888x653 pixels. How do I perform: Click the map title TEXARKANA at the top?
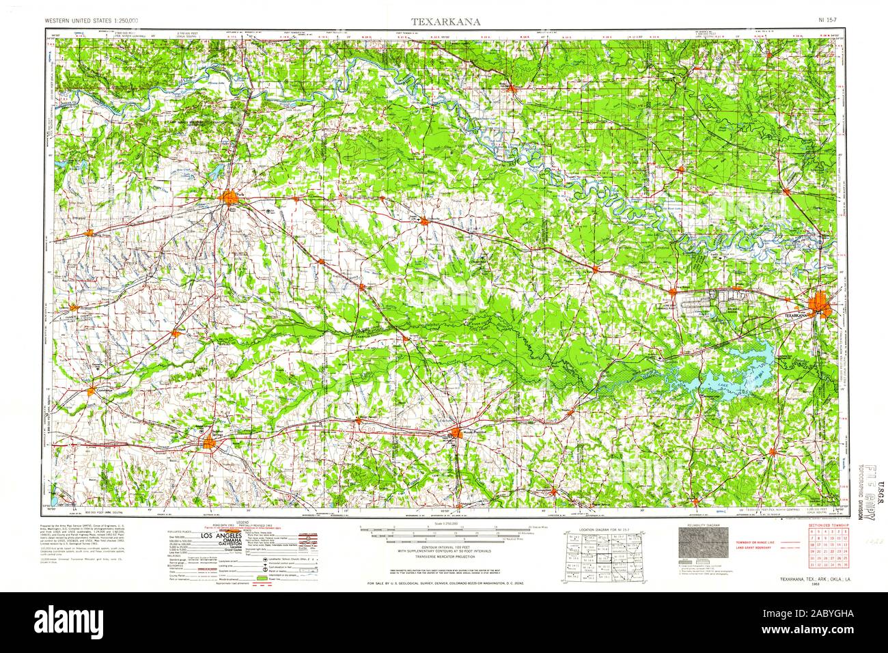click(445, 21)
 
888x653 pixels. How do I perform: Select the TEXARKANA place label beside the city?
click(795, 316)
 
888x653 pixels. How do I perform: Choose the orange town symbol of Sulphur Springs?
click(209, 443)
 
